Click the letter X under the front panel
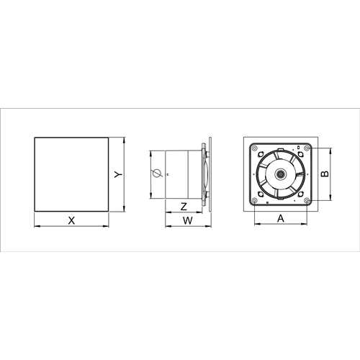coord(71,220)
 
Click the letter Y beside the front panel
coord(118,174)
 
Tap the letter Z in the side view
coord(184,207)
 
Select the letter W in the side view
coord(188,220)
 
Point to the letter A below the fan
coord(281,218)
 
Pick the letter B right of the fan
coord(325,174)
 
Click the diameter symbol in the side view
coord(156,174)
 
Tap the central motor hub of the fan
coord(280,174)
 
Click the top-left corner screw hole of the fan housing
coord(254,148)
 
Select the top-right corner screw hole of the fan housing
coord(307,148)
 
